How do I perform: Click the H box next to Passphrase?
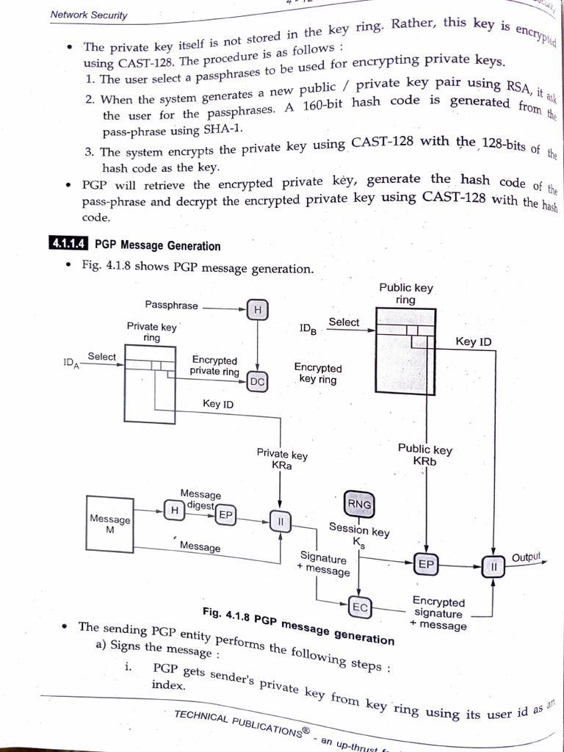pyautogui.click(x=257, y=311)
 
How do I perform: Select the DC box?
pyautogui.click(x=257, y=381)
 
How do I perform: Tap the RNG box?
pyautogui.click(x=358, y=505)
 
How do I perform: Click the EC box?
pyautogui.click(x=360, y=607)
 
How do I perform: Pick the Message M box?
pyautogui.click(x=109, y=524)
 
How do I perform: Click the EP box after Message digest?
pyautogui.click(x=225, y=516)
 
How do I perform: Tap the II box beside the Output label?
pyautogui.click(x=493, y=566)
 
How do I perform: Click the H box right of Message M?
pyautogui.click(x=174, y=510)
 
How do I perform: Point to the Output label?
pyautogui.click(x=526, y=557)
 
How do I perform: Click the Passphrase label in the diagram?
pyautogui.click(x=171, y=305)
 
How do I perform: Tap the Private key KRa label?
pyautogui.click(x=282, y=460)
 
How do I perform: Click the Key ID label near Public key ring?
pyautogui.click(x=474, y=341)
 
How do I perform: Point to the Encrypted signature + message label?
pyautogui.click(x=438, y=613)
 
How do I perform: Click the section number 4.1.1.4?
pyautogui.click(x=68, y=245)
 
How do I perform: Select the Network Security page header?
pyautogui.click(x=89, y=15)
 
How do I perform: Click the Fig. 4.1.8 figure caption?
pyautogui.click(x=298, y=624)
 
